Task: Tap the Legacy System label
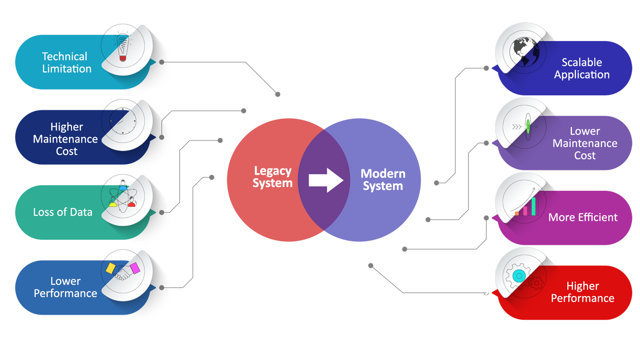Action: [x=272, y=177]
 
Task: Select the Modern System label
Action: [x=383, y=180]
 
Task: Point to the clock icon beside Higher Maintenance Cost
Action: [x=123, y=122]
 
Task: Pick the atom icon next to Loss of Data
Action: [x=123, y=198]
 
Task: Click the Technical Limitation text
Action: [x=66, y=63]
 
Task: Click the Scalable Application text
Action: [x=582, y=68]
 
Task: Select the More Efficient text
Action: [x=583, y=217]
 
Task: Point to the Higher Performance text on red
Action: [x=582, y=292]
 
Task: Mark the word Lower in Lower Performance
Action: [x=65, y=281]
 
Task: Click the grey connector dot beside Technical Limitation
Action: [x=162, y=62]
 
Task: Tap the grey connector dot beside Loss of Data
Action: [x=162, y=213]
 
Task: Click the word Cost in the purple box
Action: [x=585, y=156]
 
